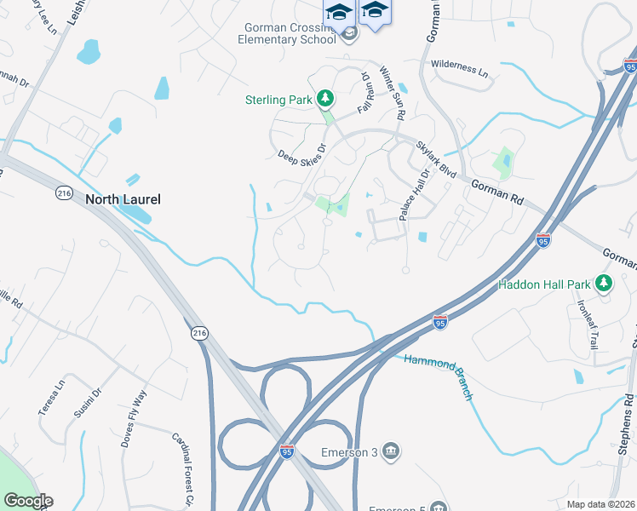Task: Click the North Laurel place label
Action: click(x=123, y=199)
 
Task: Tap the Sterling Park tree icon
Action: click(x=324, y=100)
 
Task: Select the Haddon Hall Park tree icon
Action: click(x=605, y=283)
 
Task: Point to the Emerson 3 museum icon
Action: click(x=391, y=451)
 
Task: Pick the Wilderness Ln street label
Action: click(x=460, y=69)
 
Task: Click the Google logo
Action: click(x=27, y=501)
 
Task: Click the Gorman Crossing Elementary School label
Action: click(x=286, y=33)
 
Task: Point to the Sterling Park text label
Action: click(x=278, y=100)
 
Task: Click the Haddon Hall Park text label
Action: click(x=544, y=284)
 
